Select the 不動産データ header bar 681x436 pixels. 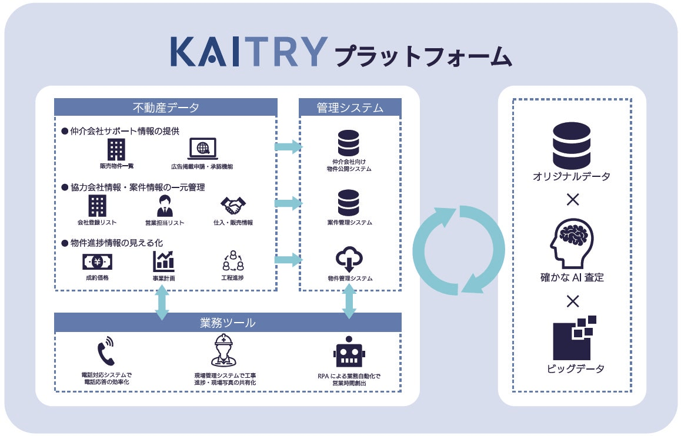click(x=165, y=108)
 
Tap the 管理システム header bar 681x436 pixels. click(x=350, y=108)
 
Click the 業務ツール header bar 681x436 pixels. click(x=228, y=323)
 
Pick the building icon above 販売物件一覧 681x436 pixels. click(x=116, y=149)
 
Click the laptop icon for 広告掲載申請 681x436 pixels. click(x=202, y=149)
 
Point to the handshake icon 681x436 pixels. click(x=233, y=206)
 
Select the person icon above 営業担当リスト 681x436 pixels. click(x=165, y=206)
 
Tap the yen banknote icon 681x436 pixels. click(x=97, y=261)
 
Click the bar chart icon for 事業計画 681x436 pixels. click(x=163, y=261)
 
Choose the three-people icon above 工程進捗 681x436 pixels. click(x=233, y=261)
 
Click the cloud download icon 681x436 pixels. click(x=349, y=259)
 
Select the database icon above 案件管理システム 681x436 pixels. click(x=349, y=203)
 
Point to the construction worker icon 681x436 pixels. click(x=224, y=350)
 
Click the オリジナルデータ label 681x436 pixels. click(x=572, y=176)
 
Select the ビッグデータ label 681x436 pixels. click(x=572, y=368)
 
